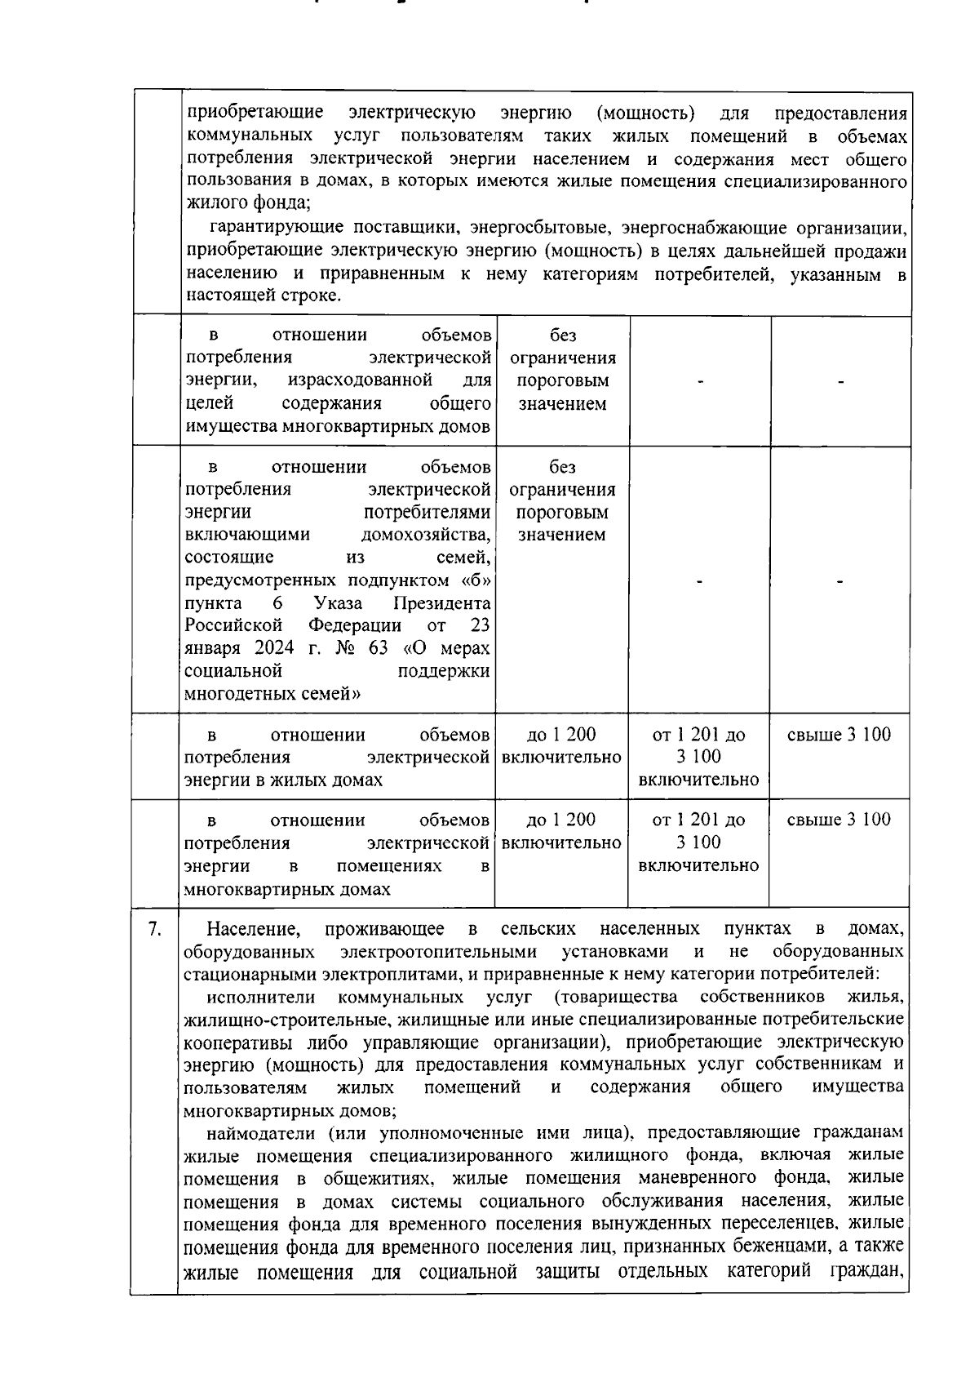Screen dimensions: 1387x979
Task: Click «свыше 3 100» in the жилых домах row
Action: pyautogui.click(x=839, y=734)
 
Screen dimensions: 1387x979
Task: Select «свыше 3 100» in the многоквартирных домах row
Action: pyautogui.click(x=839, y=820)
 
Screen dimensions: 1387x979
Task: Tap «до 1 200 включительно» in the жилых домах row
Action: pyautogui.click(x=561, y=745)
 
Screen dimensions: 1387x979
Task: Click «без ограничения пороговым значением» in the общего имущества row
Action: pyautogui.click(x=562, y=369)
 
